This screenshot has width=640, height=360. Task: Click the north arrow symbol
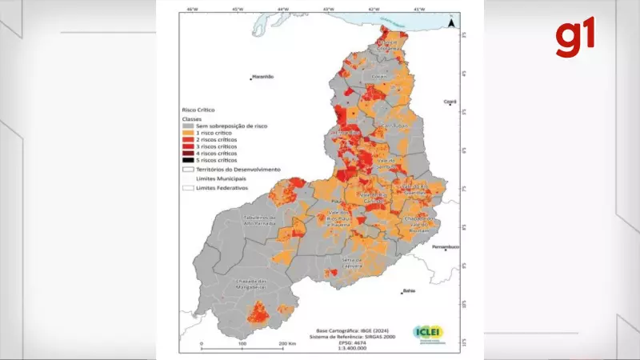pyautogui.click(x=450, y=24)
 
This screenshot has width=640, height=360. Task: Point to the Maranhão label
pyautogui.click(x=263, y=77)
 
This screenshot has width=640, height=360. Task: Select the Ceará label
pyautogui.click(x=450, y=102)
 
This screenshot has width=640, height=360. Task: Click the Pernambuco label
pyautogui.click(x=445, y=247)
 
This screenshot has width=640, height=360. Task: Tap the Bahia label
pyautogui.click(x=409, y=290)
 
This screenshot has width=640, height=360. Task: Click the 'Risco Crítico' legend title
pyautogui.click(x=199, y=109)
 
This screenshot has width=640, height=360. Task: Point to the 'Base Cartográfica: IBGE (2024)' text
pyautogui.click(x=353, y=329)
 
